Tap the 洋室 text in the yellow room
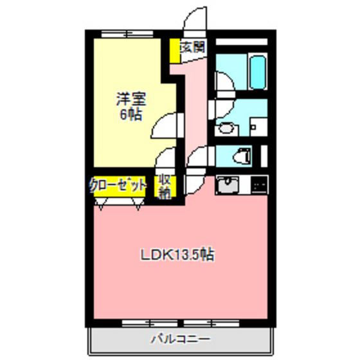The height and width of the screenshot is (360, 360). pos(130,100)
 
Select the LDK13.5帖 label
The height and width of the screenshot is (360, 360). pos(177,254)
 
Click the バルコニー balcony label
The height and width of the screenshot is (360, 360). pos(180,339)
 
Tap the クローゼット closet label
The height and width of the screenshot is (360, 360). pos(118,186)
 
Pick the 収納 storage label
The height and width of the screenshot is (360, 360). pos(164,186)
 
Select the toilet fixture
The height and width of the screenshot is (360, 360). pos(242,156)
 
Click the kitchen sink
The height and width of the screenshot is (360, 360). pos(229,186)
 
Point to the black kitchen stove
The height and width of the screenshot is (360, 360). pos(259,186)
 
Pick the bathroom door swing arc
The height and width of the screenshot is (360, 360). pos(222,82)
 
